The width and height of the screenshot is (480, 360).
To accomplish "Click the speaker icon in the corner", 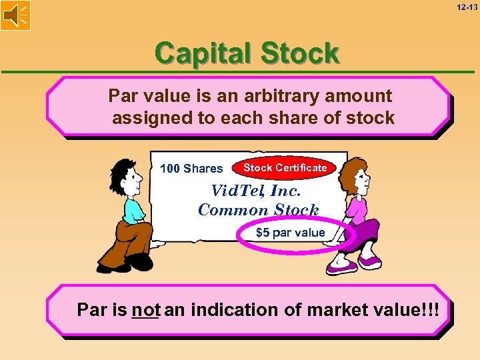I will tap(15, 15).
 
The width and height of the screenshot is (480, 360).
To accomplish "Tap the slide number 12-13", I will tap(467, 7).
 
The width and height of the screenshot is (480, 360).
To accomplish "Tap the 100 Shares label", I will tap(191, 169).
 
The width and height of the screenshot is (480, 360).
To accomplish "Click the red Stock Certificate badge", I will tap(285, 168).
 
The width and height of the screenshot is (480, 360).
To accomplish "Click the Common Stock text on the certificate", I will tap(259, 209).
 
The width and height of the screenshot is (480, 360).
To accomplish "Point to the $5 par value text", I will tap(291, 233).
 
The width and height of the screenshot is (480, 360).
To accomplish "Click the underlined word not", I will tap(145, 310).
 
